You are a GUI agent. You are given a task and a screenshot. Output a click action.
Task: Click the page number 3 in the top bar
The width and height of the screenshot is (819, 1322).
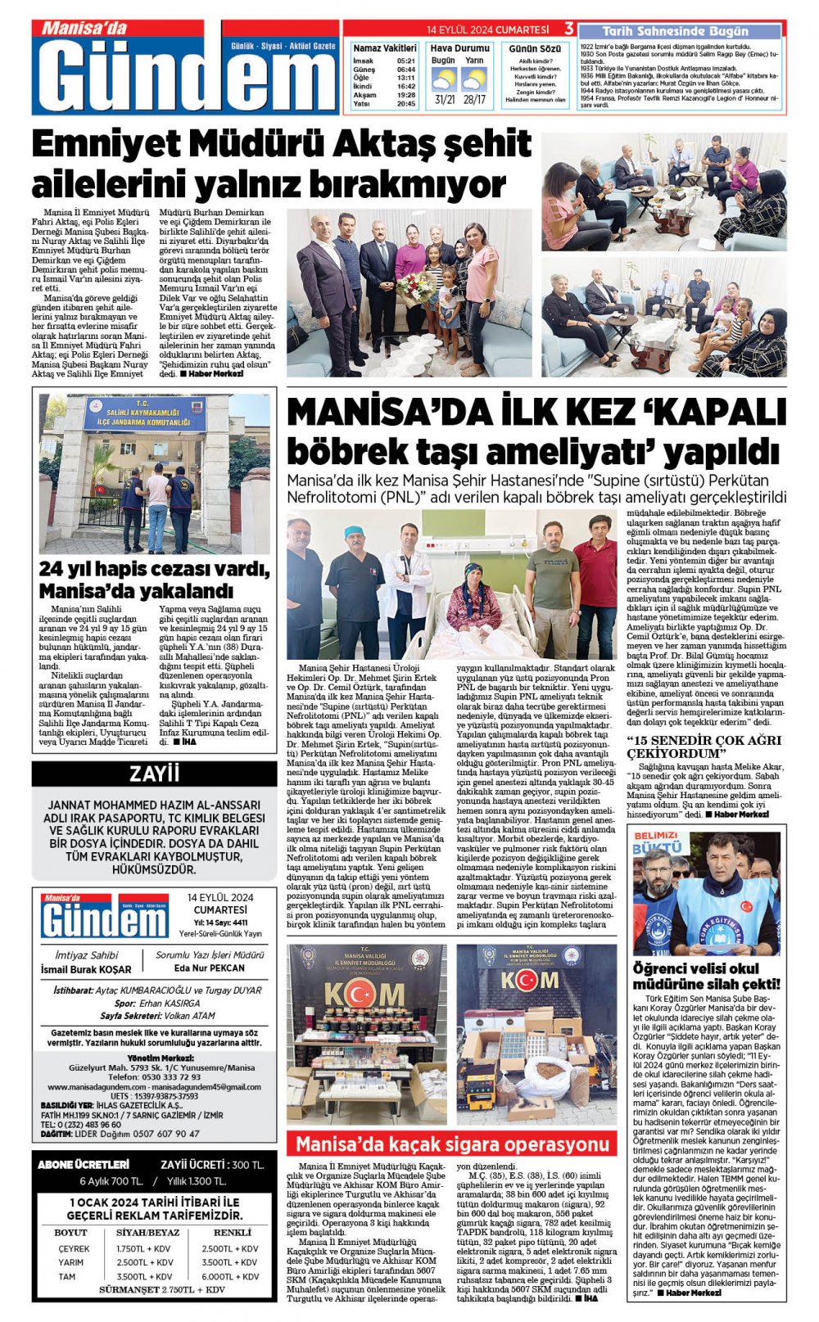pyautogui.click(x=568, y=30)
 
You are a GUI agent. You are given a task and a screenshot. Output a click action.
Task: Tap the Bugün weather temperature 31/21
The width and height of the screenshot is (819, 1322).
pyautogui.click(x=445, y=100)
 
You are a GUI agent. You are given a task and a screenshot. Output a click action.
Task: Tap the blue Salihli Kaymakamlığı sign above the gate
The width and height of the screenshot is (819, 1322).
pyautogui.click(x=144, y=414)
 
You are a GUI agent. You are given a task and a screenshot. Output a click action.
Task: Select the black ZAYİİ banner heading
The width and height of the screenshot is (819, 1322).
pyautogui.click(x=154, y=774)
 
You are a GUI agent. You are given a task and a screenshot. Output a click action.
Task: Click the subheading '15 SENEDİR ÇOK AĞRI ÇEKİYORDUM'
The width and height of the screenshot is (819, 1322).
pyautogui.click(x=704, y=746)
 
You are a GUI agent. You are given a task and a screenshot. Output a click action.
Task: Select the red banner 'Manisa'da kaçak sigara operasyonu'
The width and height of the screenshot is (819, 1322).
pyautogui.click(x=451, y=1144)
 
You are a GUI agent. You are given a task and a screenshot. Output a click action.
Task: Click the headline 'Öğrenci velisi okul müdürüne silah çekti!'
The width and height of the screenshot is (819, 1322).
pyautogui.click(x=706, y=976)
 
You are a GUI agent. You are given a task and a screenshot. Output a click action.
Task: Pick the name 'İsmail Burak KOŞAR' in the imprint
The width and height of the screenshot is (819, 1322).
pyautogui.click(x=86, y=969)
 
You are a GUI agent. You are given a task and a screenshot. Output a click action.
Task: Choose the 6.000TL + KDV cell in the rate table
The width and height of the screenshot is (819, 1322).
pyautogui.click(x=230, y=1276)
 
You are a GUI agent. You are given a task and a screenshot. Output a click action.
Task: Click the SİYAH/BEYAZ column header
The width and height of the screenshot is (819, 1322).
pyautogui.click(x=147, y=1232)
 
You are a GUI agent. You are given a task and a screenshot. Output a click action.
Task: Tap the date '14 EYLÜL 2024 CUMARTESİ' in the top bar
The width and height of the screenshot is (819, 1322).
pyautogui.click(x=487, y=30)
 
